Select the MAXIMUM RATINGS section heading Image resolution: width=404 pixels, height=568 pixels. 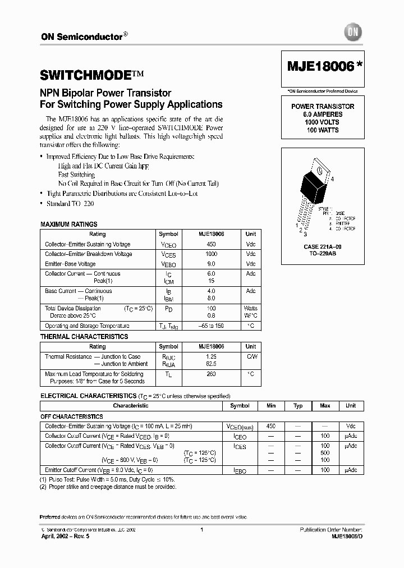(69, 225)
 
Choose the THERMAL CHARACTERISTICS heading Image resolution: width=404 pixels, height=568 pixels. (84, 337)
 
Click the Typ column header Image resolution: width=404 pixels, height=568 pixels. (298, 405)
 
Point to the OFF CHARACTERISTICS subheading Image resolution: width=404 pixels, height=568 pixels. (71, 417)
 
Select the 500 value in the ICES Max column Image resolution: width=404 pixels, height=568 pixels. (325, 452)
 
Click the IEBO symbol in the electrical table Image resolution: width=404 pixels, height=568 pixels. (240, 470)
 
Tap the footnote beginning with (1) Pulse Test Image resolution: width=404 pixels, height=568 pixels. (107, 480)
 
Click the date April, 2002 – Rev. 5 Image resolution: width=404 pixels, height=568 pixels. (65, 537)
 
